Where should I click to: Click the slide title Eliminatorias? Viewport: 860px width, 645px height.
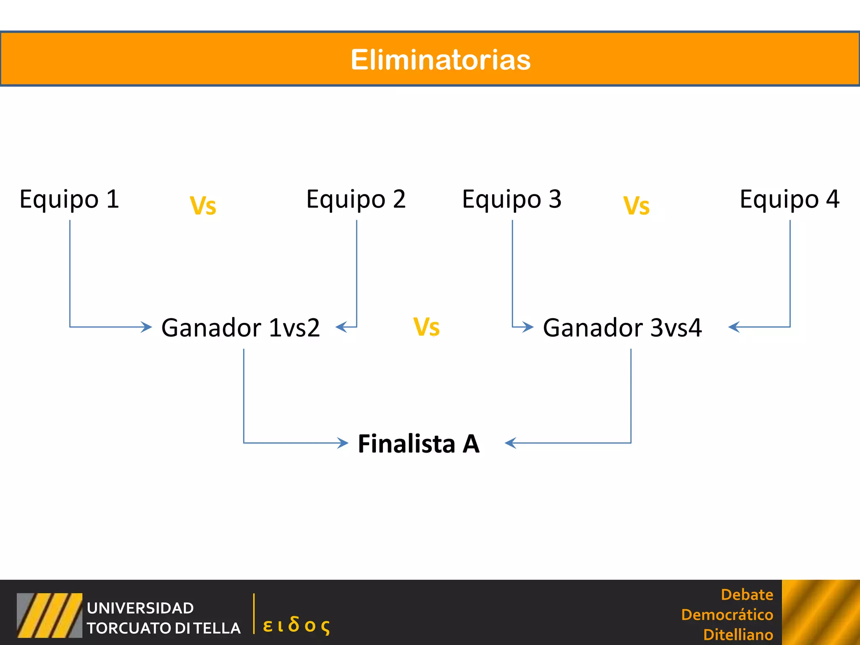click(x=440, y=60)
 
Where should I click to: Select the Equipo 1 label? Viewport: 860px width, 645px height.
click(x=69, y=199)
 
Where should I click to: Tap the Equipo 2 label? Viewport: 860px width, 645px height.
click(x=356, y=199)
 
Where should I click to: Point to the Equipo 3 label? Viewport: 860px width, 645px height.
click(x=511, y=199)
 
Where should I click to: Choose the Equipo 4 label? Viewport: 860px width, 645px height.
click(x=789, y=199)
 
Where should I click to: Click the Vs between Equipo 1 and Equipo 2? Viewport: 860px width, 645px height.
click(x=203, y=206)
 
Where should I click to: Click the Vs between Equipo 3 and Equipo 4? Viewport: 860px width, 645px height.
click(x=636, y=206)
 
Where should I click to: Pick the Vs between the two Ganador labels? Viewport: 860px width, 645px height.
click(x=426, y=327)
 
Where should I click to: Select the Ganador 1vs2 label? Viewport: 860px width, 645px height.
click(x=241, y=328)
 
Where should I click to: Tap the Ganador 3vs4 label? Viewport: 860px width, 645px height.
click(x=622, y=328)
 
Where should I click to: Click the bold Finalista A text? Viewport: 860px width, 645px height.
click(x=419, y=443)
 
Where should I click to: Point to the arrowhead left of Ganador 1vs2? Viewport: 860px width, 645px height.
click(x=147, y=327)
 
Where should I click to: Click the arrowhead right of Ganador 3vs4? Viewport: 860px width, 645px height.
click(x=734, y=327)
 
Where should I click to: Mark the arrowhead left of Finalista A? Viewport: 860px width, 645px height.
click(x=343, y=443)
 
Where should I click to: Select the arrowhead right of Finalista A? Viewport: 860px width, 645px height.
click(x=510, y=443)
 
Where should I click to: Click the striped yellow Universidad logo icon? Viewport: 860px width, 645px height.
click(x=50, y=615)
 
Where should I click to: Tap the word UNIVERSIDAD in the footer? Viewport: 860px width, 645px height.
click(x=140, y=608)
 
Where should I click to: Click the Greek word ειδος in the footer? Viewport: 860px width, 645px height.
click(x=296, y=625)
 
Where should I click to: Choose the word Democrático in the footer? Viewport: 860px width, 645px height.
click(x=727, y=615)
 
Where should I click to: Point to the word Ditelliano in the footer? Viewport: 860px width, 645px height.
click(x=738, y=635)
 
